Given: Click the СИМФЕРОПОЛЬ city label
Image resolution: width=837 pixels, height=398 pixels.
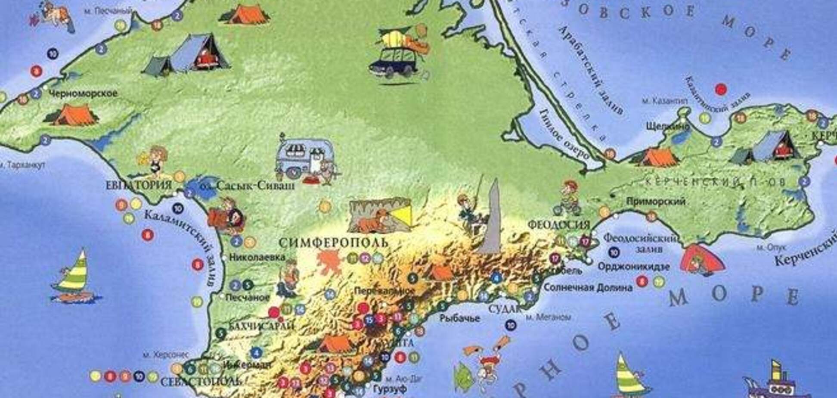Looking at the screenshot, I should coord(333,243).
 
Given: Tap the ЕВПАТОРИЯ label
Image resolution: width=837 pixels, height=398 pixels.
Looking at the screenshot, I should coord(139,185).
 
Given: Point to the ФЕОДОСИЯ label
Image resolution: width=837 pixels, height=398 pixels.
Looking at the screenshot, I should coord(558,225).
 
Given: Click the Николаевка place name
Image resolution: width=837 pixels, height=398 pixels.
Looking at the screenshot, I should coord(257,257).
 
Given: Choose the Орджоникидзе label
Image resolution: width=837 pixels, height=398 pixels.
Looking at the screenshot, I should coord(634,267).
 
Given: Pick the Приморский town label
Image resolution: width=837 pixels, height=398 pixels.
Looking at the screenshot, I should coord(656,201).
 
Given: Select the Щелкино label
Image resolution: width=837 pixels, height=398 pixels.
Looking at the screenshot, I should coord(668,126).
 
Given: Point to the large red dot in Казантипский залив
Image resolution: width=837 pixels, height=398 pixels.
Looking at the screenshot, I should coord(721,90).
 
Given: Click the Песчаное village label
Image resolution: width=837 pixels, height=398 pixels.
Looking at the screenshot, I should coord(248,298).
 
